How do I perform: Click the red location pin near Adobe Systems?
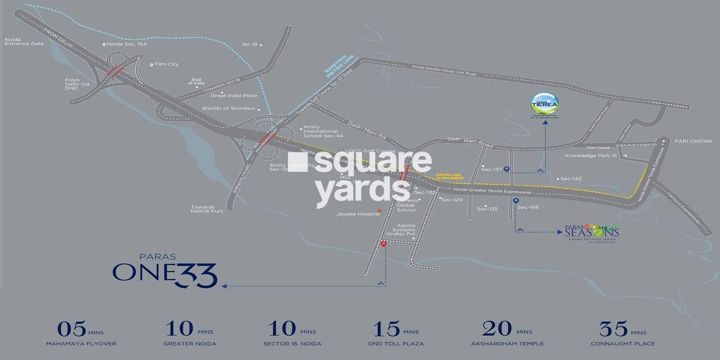[383, 244]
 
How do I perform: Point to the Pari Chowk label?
[693, 141]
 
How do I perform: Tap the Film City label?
[166, 64]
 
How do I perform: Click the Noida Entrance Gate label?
[24, 41]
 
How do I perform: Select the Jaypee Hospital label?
[358, 214]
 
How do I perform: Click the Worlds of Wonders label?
[228, 108]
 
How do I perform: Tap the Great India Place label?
[234, 95]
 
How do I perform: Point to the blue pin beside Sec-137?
[507, 169]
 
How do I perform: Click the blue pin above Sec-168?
[516, 201]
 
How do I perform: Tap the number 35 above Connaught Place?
[613, 329]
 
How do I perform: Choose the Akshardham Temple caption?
[507, 344]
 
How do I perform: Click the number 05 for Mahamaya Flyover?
[72, 329]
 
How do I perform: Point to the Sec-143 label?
[571, 179]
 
